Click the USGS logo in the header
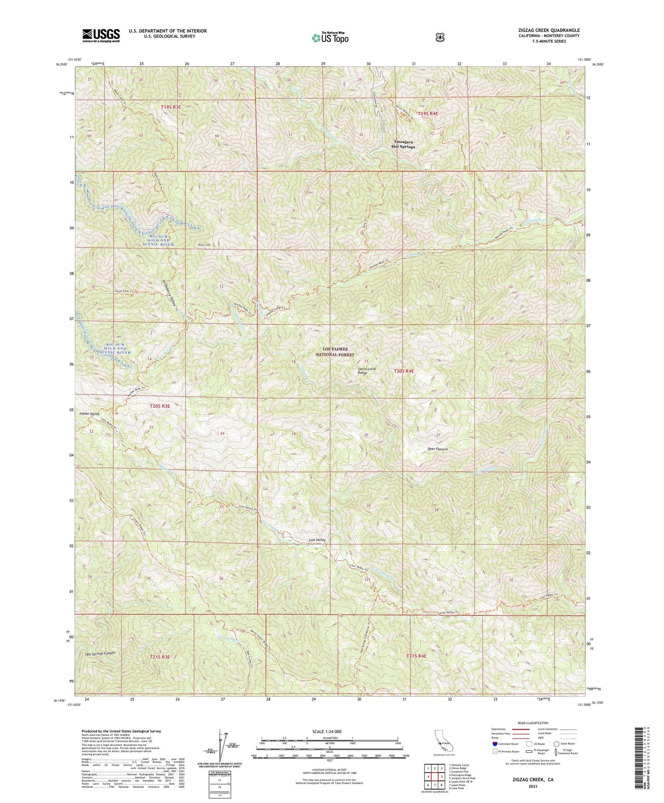(101, 35)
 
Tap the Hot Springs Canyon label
(100, 654)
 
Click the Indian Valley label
(89, 414)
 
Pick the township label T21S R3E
(159, 657)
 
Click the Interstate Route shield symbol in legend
(494, 743)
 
